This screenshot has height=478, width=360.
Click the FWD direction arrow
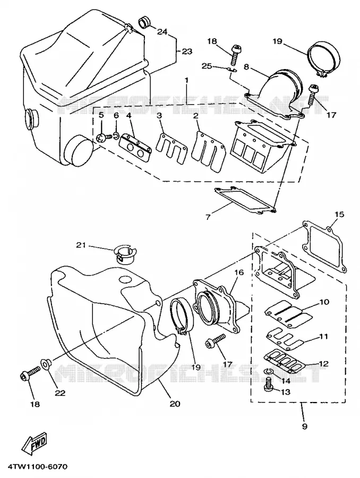coord(36,442)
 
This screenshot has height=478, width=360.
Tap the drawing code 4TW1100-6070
coord(38,467)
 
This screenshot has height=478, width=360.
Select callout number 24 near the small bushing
coord(162,31)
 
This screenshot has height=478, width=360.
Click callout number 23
coord(186,52)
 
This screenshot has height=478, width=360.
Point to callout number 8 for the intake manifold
coord(246,67)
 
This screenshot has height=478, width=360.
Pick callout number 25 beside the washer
coord(207,65)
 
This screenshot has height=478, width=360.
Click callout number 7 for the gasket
coord(208,218)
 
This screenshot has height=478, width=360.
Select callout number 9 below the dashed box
coord(305,426)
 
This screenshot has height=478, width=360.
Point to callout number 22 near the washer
coord(60,393)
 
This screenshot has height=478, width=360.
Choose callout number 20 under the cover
coord(175,404)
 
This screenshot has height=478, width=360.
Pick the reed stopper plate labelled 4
coord(135,147)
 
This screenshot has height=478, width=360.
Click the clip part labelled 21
coord(125,252)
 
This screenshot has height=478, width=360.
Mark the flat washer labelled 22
coord(46,364)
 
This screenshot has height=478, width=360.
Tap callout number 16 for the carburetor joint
coord(239,272)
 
